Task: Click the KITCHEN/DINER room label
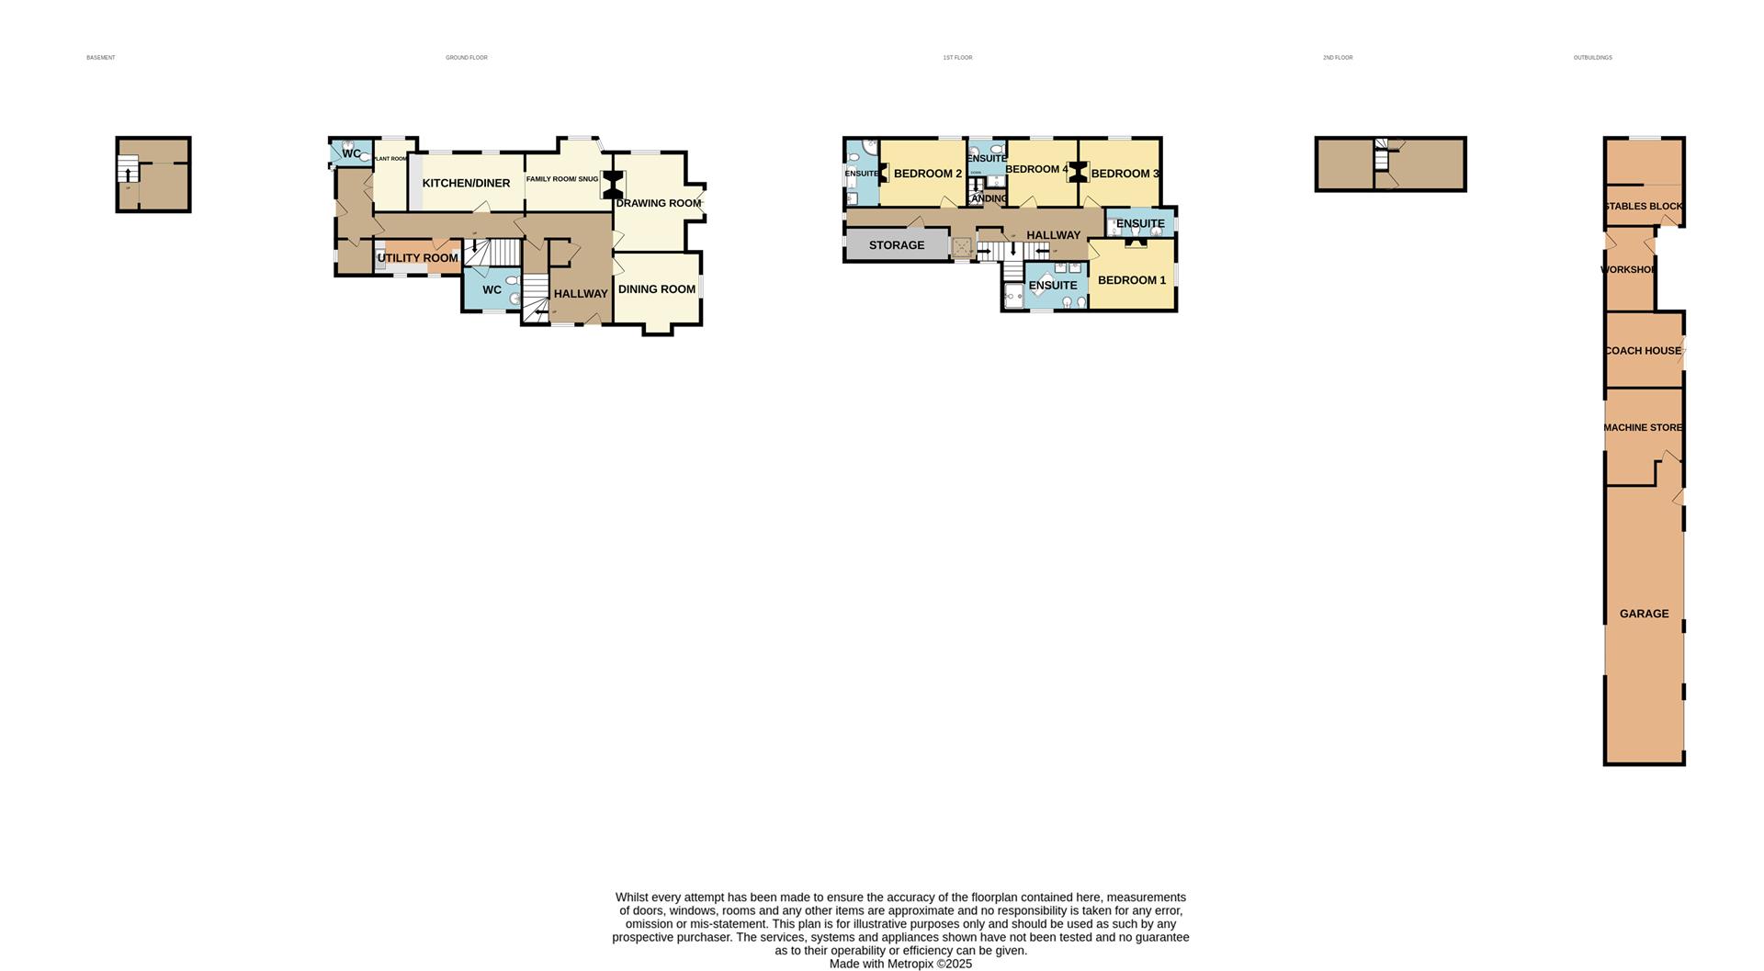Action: [466, 184]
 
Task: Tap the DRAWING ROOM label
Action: [658, 203]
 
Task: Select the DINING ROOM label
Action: [656, 289]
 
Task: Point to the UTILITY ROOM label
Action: [417, 258]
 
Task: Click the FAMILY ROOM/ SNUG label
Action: [561, 179]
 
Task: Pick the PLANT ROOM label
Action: [390, 159]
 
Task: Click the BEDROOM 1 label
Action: [1131, 280]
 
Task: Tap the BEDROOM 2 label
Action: [927, 174]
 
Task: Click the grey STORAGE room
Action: [896, 245]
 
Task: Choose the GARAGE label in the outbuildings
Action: [1644, 614]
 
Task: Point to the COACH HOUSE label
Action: [1643, 351]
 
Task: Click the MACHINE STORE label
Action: [1643, 428]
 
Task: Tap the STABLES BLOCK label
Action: [1644, 207]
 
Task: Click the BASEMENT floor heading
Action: [101, 58]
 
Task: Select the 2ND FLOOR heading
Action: [1338, 58]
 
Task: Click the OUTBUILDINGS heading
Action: [1592, 58]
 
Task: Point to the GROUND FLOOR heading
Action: [467, 58]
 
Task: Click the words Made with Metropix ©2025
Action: [900, 965]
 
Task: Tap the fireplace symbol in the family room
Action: [612, 185]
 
